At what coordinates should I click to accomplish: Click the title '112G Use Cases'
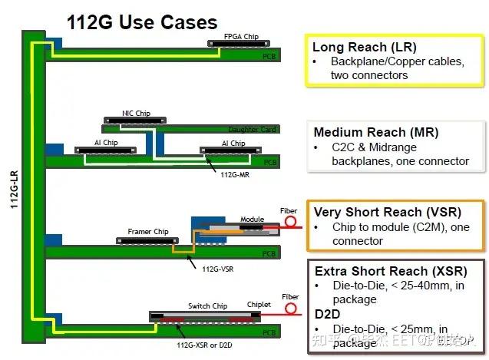[142, 21]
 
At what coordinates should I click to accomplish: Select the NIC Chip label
[136, 114]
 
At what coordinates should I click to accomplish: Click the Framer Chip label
[147, 231]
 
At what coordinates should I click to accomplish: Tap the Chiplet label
[259, 305]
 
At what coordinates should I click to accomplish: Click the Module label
[252, 219]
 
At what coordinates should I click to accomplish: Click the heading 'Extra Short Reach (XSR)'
[380, 272]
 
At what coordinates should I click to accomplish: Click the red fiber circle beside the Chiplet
[290, 309]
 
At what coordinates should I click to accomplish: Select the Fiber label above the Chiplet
[290, 296]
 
